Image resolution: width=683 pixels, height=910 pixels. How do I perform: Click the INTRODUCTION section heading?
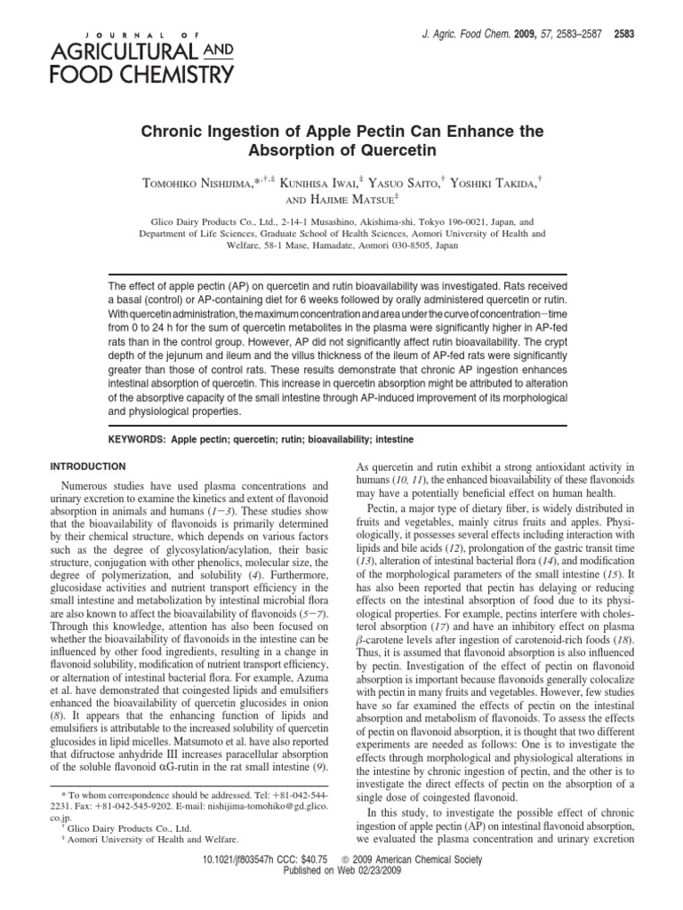pos(89,466)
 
